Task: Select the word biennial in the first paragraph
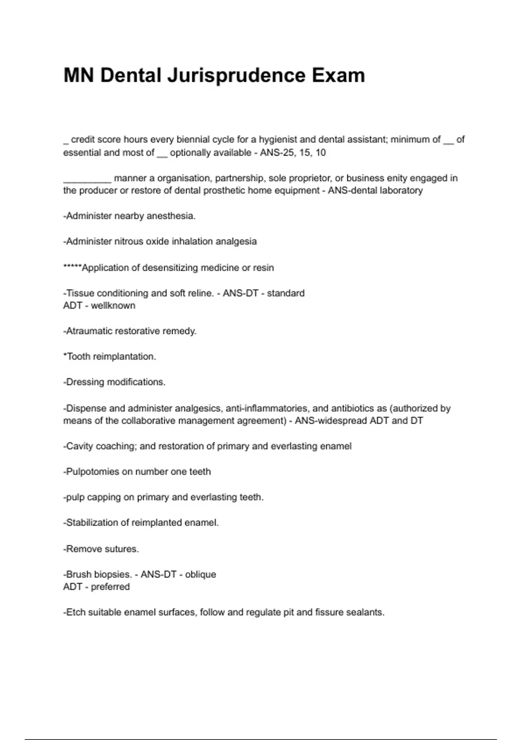[x=194, y=140]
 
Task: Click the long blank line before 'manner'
[x=87, y=178]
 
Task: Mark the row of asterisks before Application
[x=72, y=267]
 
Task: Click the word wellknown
[x=113, y=306]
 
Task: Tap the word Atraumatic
[x=92, y=331]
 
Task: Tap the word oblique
[x=201, y=575]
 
